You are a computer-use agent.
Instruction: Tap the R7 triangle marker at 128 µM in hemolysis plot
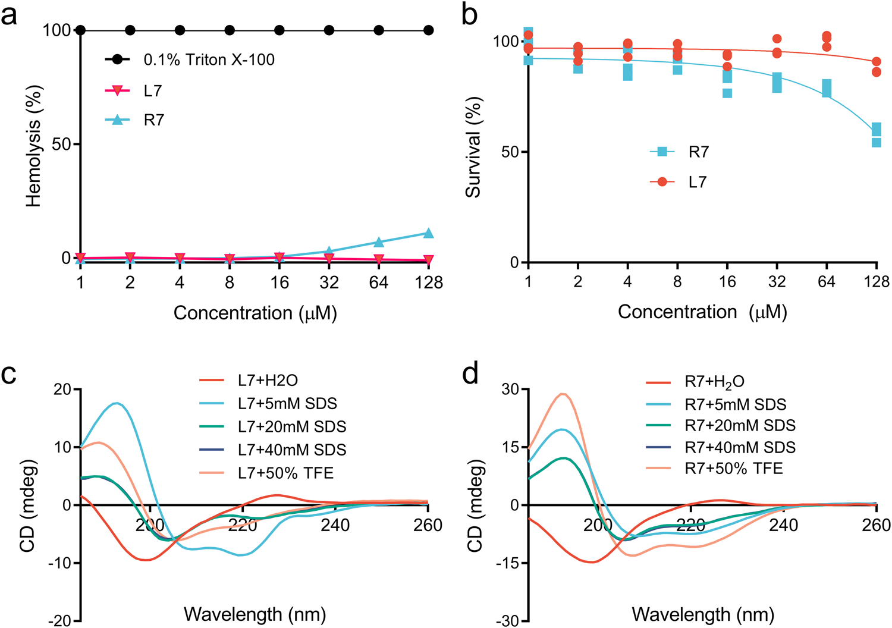click(428, 233)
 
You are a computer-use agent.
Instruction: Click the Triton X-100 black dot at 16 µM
click(279, 30)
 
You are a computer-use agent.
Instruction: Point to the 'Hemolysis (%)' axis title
click(34, 146)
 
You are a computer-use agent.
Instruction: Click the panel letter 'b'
click(469, 15)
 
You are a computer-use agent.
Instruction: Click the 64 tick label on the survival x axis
click(826, 282)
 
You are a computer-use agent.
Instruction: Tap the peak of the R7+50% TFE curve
click(563, 394)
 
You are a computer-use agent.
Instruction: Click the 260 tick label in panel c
click(428, 525)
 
